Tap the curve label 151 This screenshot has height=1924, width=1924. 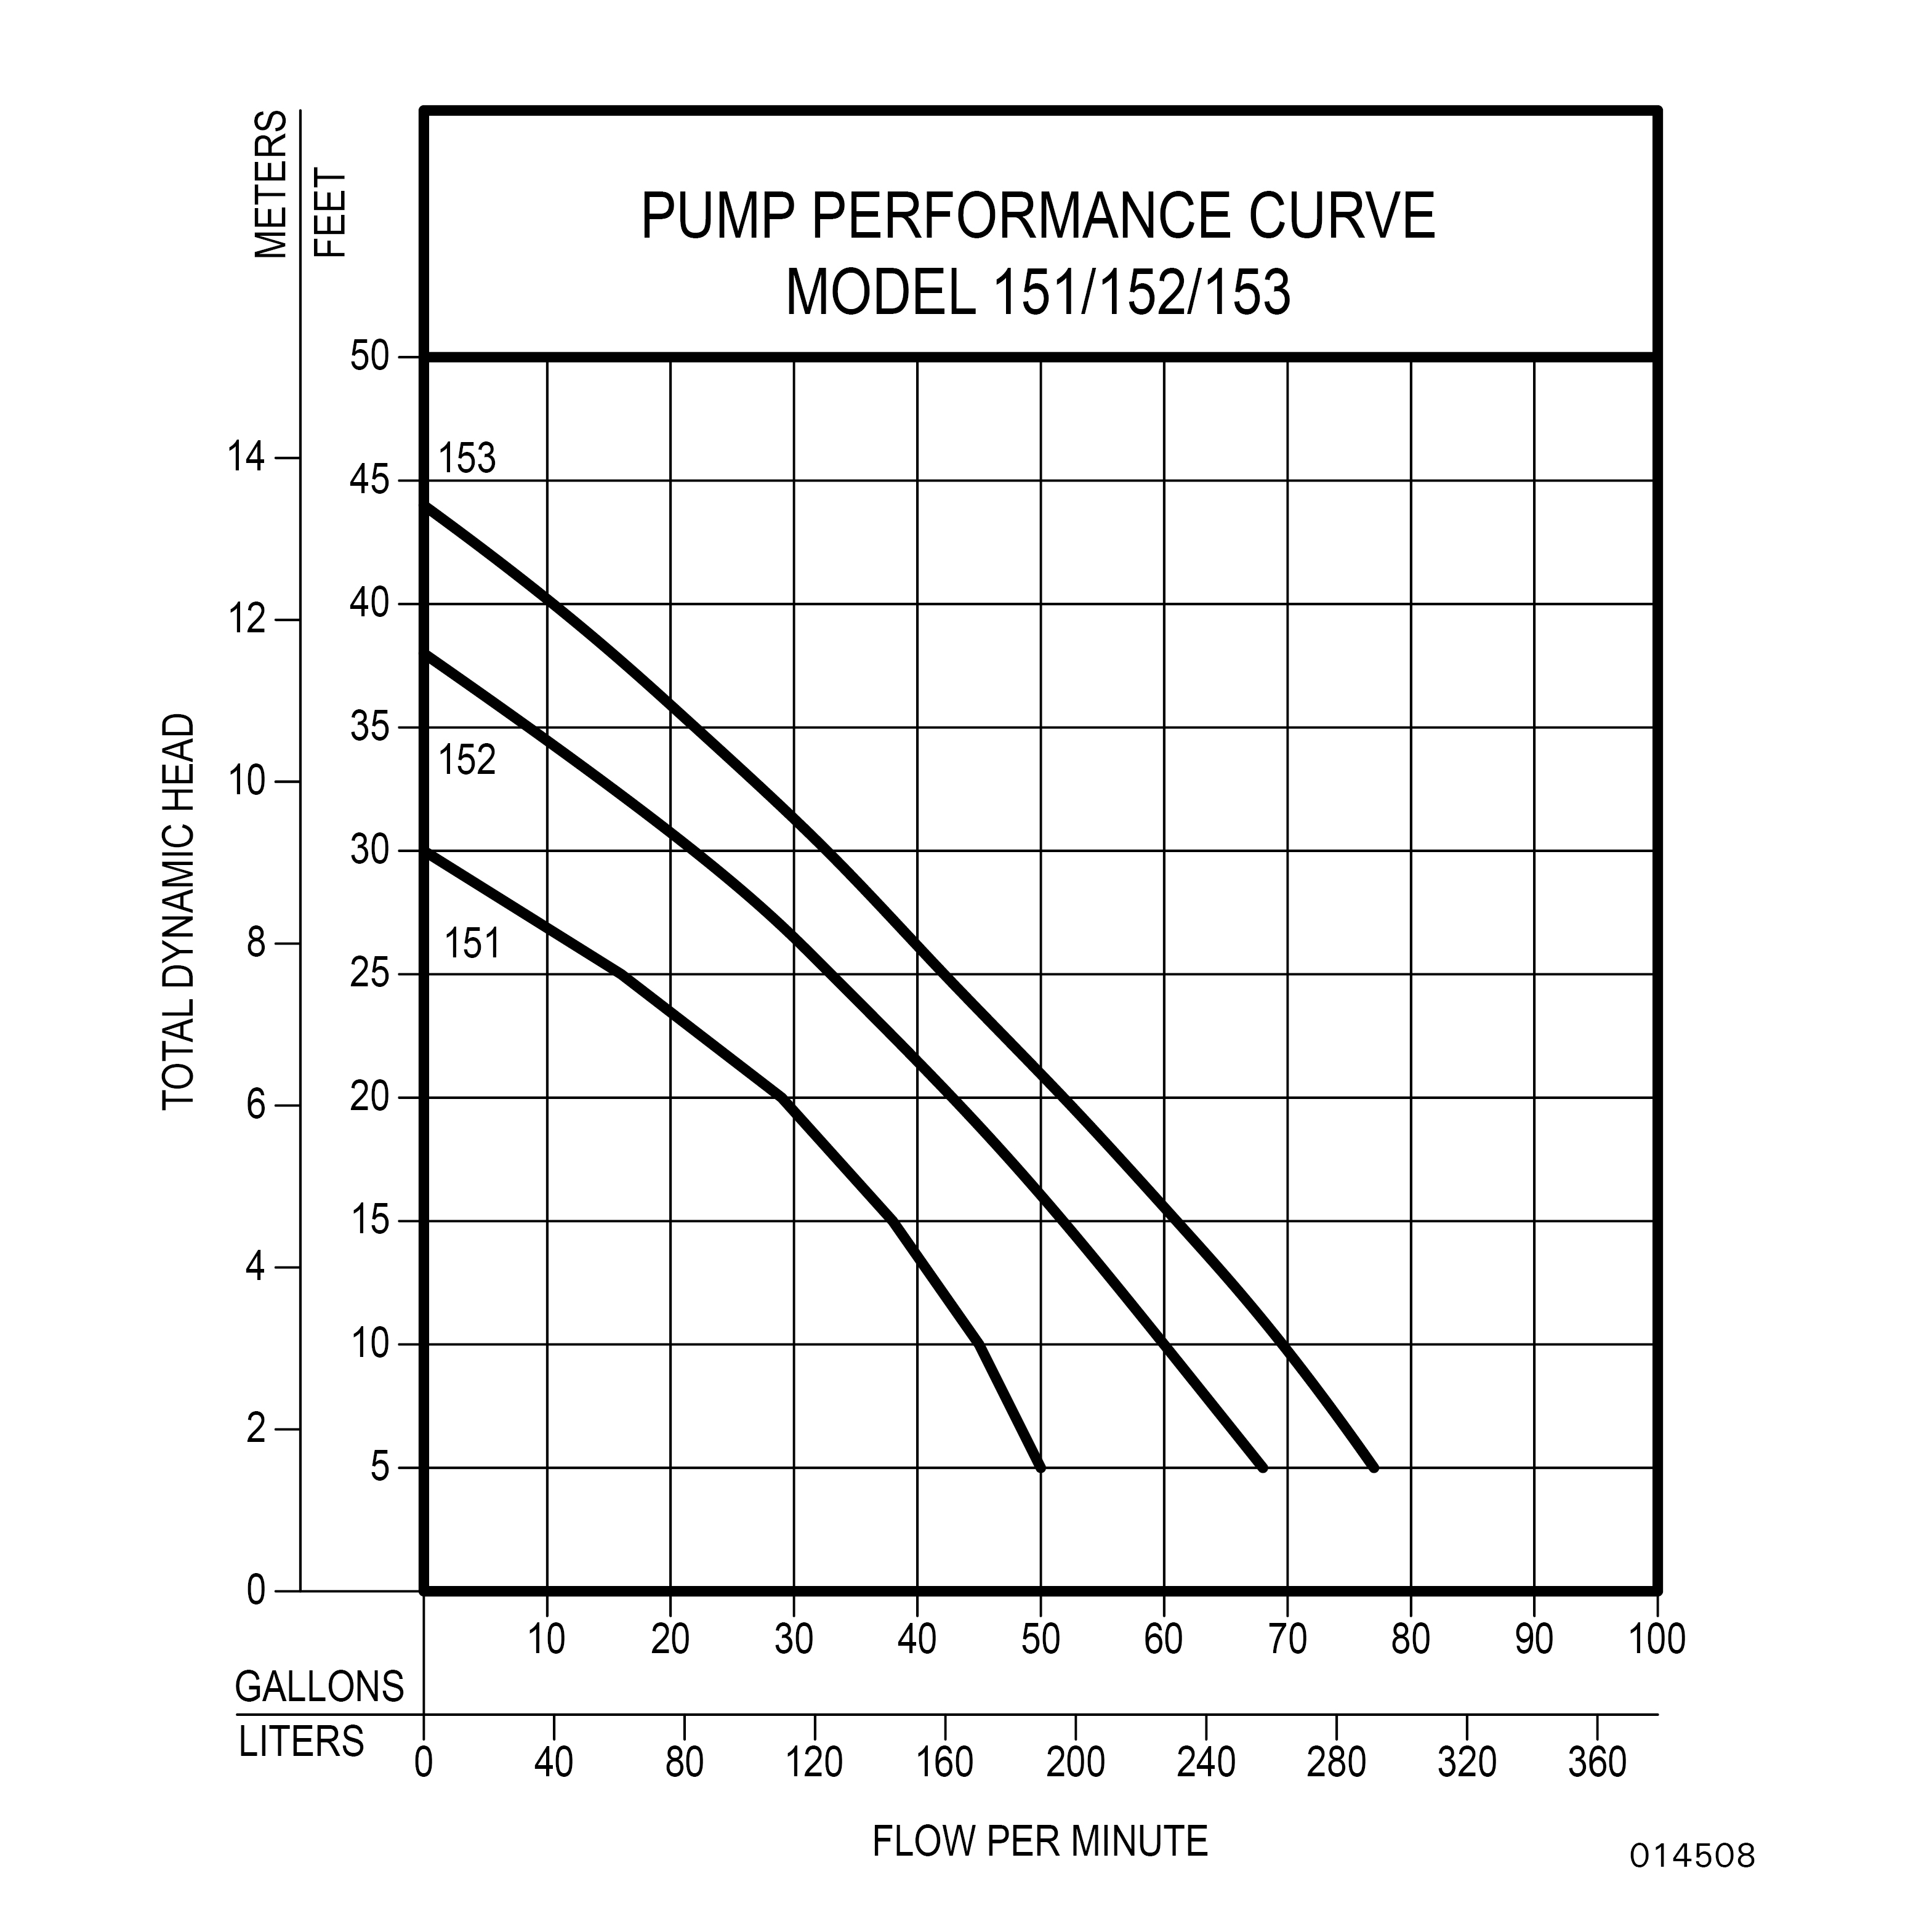pos(472,944)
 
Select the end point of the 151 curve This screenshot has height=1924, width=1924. pos(1040,1468)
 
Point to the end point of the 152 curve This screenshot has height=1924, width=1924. pos(1263,1468)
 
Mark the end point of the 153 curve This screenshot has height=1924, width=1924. pos(1374,1468)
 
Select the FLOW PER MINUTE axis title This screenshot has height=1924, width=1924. pos(1040,1841)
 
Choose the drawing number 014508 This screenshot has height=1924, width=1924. pos(1692,1855)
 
